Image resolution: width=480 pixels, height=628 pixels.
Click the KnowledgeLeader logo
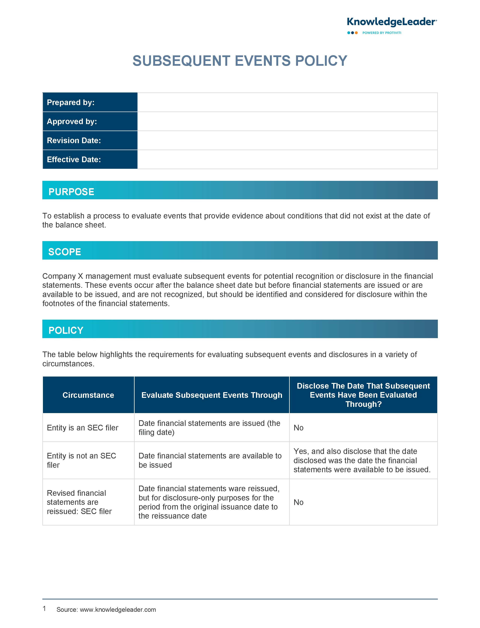[391, 22]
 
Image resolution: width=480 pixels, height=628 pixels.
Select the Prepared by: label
[71, 102]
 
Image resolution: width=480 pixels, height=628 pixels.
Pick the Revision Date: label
[74, 140]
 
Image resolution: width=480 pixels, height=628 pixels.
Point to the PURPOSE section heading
[71, 192]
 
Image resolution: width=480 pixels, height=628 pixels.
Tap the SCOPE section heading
[65, 252]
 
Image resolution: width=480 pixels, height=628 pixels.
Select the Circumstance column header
[88, 395]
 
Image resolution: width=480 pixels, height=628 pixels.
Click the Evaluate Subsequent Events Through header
[212, 395]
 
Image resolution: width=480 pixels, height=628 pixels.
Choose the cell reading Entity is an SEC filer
[83, 428]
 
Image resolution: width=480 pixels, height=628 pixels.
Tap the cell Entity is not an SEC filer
[82, 460]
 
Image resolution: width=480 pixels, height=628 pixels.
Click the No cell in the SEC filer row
[299, 428]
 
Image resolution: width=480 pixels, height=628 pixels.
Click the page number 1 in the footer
[44, 609]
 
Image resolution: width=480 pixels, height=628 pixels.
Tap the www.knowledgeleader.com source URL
[118, 610]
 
